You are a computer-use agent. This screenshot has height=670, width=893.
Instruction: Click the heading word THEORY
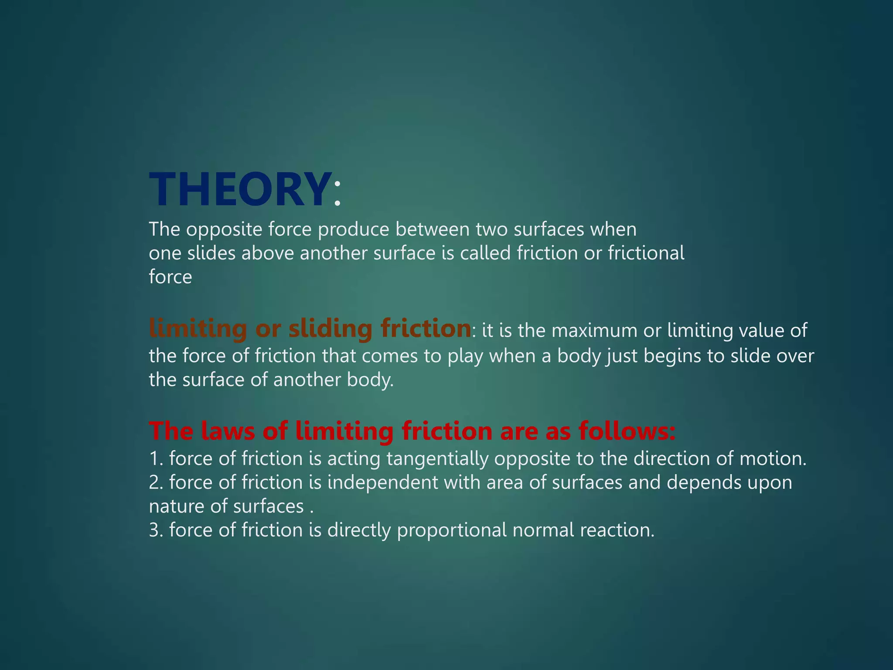tap(239, 189)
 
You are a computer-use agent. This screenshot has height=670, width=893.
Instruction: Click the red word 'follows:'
tap(627, 431)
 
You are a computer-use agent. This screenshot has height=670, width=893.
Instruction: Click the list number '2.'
tap(156, 483)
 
